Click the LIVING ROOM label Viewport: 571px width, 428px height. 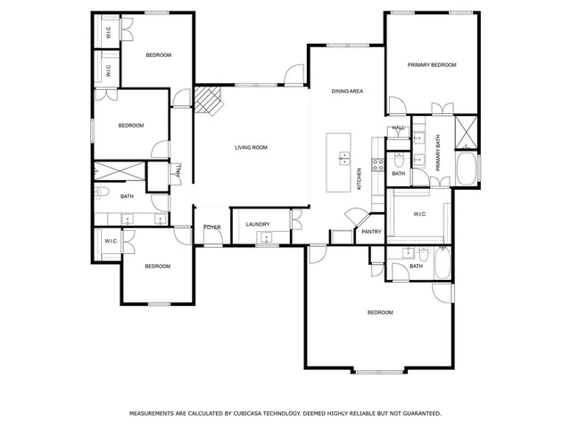[x=251, y=147]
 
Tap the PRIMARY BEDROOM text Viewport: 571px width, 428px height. [x=432, y=65]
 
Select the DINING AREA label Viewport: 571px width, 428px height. [x=347, y=91]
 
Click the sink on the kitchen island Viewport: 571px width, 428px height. [x=343, y=159]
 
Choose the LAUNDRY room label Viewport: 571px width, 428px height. [x=258, y=224]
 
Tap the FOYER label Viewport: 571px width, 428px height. [x=212, y=227]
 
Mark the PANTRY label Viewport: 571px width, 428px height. [x=371, y=232]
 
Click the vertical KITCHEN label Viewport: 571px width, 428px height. [x=360, y=179]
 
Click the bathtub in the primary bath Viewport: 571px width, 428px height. [x=468, y=169]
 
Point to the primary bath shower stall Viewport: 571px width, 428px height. [x=466, y=132]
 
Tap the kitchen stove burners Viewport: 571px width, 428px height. [x=377, y=164]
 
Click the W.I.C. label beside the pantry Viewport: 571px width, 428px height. [x=421, y=214]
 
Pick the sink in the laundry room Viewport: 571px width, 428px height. [x=265, y=237]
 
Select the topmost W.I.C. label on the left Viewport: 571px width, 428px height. [x=108, y=32]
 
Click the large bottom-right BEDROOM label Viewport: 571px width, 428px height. [x=380, y=312]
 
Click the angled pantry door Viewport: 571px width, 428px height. [x=354, y=217]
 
